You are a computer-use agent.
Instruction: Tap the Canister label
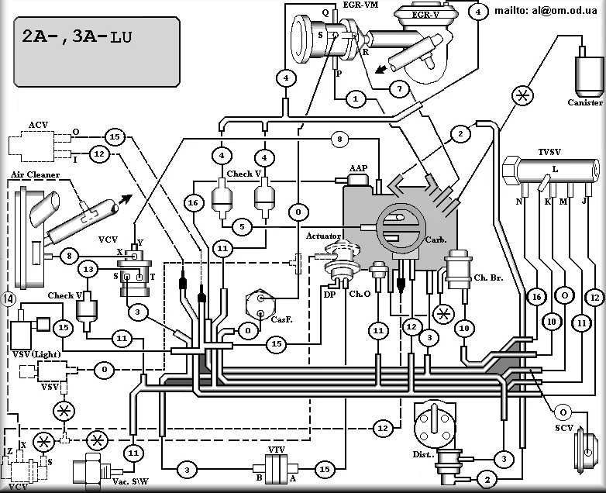coord(585,102)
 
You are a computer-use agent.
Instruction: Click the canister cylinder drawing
coord(585,71)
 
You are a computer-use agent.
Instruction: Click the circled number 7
coord(398,89)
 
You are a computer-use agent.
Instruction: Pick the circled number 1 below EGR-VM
coord(355,99)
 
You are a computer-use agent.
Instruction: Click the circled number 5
coord(243,226)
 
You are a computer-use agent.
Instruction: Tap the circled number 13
coord(88,269)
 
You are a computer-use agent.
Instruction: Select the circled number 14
coord(9,298)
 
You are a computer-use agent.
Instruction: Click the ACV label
coord(38,124)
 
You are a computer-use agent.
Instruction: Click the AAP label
coord(357,168)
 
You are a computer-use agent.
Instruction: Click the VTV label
coord(277,450)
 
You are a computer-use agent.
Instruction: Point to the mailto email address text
coord(549,11)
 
